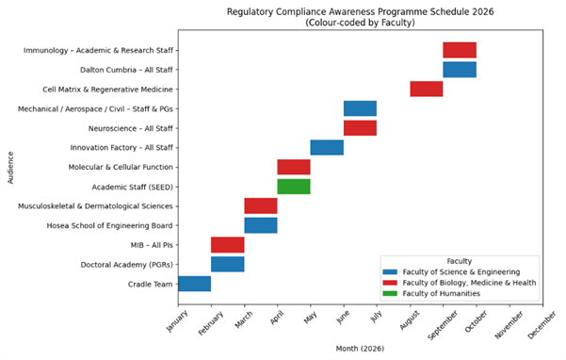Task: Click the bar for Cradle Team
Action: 194,284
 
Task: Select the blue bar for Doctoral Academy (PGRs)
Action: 227,264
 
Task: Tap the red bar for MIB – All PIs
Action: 227,245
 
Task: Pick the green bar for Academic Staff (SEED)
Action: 294,187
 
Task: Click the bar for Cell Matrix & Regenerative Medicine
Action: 426,90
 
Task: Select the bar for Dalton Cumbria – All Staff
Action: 460,70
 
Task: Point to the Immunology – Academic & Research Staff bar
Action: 460,50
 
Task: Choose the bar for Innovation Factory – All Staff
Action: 327,147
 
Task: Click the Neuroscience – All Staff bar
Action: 360,128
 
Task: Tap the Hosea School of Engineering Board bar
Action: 261,225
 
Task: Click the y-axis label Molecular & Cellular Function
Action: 121,167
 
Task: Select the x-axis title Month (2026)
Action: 360,348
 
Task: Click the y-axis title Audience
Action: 10,167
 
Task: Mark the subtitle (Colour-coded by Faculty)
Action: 360,22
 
